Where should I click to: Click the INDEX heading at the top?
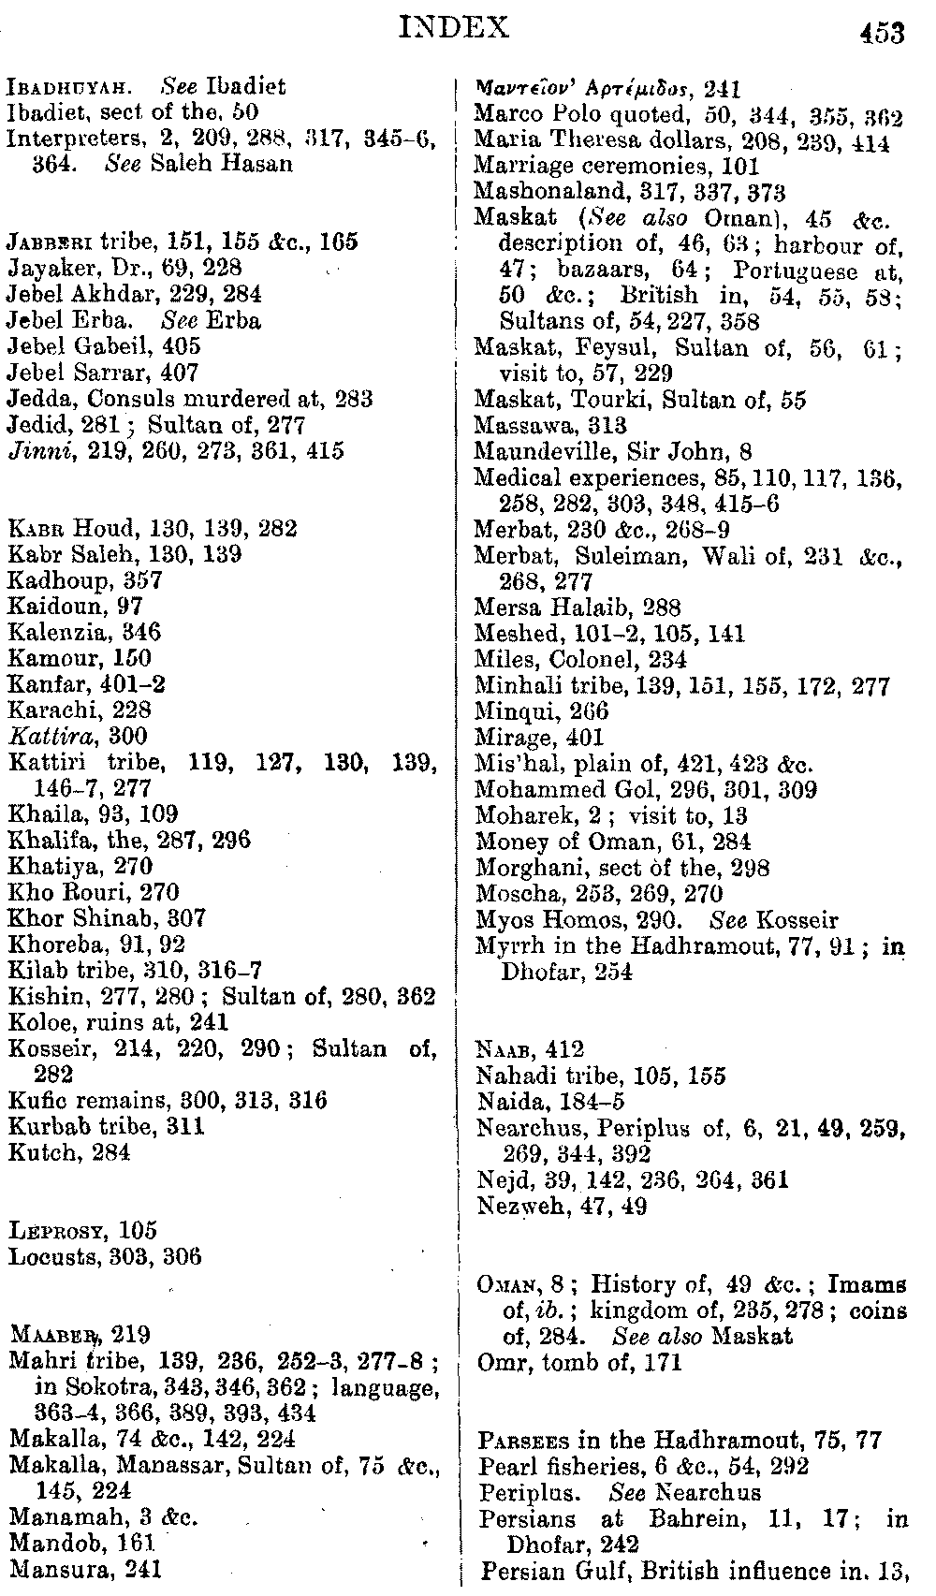pos(454,27)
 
